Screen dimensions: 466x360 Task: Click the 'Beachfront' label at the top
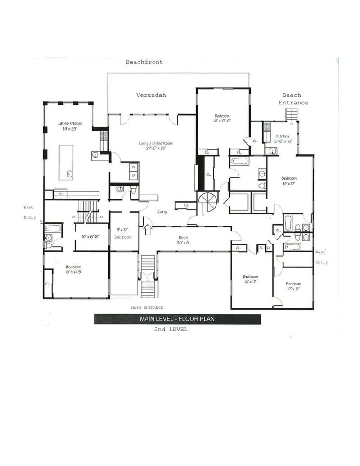[x=144, y=62]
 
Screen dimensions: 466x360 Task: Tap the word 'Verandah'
[x=151, y=95]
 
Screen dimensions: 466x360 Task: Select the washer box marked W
[x=134, y=167]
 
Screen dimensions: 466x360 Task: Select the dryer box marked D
[x=134, y=176]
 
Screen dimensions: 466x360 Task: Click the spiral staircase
[x=207, y=201]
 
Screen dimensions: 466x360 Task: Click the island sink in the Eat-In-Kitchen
[x=69, y=173]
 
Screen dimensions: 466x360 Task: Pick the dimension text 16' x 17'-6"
[x=222, y=121]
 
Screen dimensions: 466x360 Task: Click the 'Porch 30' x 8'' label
[x=183, y=240]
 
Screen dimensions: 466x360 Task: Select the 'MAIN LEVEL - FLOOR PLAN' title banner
[x=177, y=319]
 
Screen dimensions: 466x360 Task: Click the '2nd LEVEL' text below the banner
[x=171, y=330]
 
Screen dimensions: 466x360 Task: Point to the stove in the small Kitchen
[x=267, y=127]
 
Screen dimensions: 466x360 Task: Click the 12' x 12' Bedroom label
[x=293, y=286]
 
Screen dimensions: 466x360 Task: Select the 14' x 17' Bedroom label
[x=289, y=181]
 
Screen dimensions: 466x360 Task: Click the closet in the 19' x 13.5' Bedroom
[x=48, y=284]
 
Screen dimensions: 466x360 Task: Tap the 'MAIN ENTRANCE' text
[x=147, y=308]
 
